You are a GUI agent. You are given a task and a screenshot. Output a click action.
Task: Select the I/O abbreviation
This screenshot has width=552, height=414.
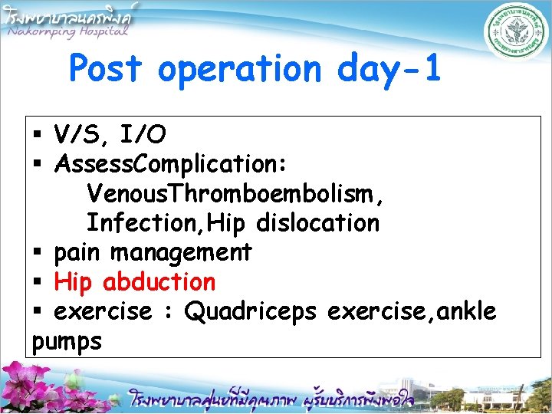[141, 135]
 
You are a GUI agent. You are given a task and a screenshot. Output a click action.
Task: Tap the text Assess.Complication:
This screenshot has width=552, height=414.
[171, 164]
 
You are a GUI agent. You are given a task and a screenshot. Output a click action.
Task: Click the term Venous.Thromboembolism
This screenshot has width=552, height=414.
[235, 193]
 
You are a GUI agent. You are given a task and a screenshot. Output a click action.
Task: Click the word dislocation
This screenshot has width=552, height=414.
[317, 222]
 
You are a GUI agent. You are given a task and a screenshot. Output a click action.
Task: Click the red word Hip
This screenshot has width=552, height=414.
[74, 282]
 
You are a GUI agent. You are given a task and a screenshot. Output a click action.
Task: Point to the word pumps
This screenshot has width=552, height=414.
[67, 342]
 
